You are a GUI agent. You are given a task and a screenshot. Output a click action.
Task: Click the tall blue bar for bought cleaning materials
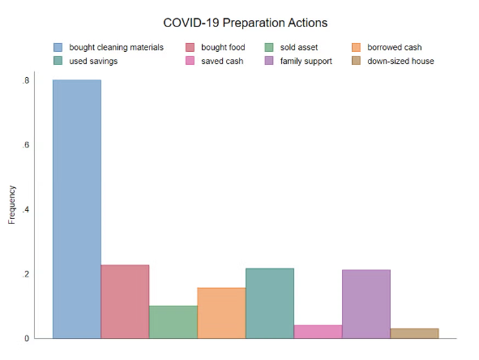pyautogui.click(x=77, y=209)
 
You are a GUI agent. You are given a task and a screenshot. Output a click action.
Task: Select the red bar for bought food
pyautogui.click(x=126, y=302)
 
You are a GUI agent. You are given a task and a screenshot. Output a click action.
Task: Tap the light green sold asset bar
pyautogui.click(x=173, y=322)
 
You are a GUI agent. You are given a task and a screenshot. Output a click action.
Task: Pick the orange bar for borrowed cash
pyautogui.click(x=222, y=313)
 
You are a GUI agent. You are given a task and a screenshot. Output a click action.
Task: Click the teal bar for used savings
pyautogui.click(x=270, y=303)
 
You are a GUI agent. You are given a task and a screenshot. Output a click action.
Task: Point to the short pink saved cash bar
pyautogui.click(x=318, y=332)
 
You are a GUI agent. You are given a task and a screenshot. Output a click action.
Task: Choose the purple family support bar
pyautogui.click(x=366, y=304)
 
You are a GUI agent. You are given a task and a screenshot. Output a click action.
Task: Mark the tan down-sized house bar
pyautogui.click(x=414, y=333)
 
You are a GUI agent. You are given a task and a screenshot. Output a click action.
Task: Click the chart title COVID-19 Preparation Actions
pyautogui.click(x=246, y=23)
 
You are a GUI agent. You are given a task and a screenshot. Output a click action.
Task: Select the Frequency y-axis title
pyautogui.click(x=11, y=205)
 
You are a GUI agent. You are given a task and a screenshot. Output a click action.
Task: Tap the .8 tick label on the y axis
pyautogui.click(x=26, y=80)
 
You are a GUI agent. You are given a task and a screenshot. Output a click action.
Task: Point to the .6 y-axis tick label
pyautogui.click(x=26, y=145)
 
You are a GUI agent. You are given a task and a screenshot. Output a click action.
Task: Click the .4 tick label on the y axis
pyautogui.click(x=26, y=210)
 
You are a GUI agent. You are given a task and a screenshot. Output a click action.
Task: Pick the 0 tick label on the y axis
pyautogui.click(x=27, y=338)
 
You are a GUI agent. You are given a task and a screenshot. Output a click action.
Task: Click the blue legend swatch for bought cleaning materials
pyautogui.click(x=58, y=47)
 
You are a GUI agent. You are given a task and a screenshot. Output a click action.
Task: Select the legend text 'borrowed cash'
pyautogui.click(x=395, y=47)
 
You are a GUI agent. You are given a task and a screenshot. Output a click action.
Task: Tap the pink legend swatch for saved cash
pyautogui.click(x=190, y=61)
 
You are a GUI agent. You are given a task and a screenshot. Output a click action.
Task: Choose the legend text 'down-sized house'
pyautogui.click(x=400, y=61)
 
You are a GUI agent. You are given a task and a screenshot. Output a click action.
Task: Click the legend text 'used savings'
pyautogui.click(x=93, y=62)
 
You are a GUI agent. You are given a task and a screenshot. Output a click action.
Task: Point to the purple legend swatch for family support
pyautogui.click(x=269, y=61)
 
